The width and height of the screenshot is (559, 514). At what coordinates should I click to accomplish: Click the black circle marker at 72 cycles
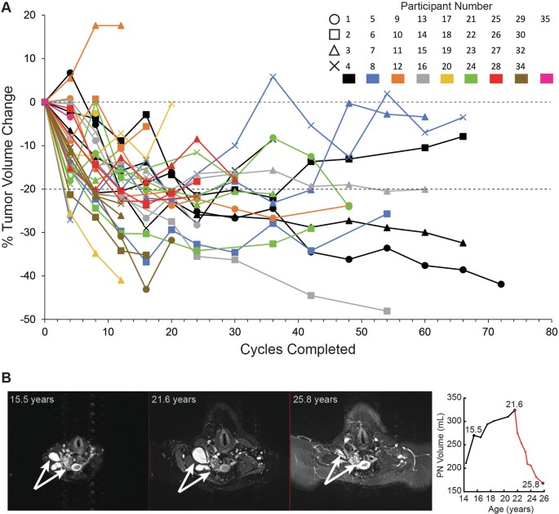click(x=501, y=284)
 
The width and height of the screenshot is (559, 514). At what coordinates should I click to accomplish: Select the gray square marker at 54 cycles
click(x=387, y=311)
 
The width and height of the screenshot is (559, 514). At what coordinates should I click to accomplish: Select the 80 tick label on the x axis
click(x=551, y=332)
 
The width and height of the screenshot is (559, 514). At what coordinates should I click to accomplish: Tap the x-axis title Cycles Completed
click(x=298, y=349)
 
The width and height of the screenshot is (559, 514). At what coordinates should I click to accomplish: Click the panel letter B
click(x=7, y=378)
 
